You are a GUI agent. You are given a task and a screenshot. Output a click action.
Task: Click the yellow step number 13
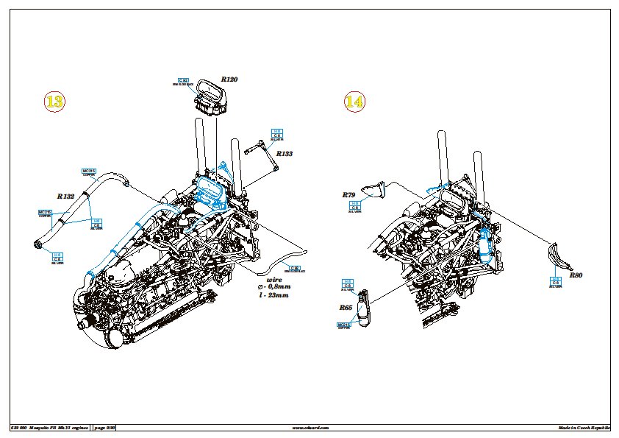pos(55,103)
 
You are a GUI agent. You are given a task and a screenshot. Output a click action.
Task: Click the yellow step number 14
pos(354,103)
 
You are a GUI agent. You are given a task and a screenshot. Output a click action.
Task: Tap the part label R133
pos(284,154)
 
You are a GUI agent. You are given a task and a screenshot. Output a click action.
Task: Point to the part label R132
pos(65,197)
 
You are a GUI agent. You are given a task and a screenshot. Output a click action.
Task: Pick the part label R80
pos(576,275)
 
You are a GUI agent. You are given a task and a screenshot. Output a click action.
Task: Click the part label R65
pos(346,308)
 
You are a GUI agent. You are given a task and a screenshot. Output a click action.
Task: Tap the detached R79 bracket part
pos(376,189)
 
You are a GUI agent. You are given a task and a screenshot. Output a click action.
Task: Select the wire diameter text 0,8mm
pos(275,287)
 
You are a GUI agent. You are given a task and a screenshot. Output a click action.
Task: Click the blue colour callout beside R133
pos(278,135)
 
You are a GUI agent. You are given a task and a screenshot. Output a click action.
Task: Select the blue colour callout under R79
pos(355,207)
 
